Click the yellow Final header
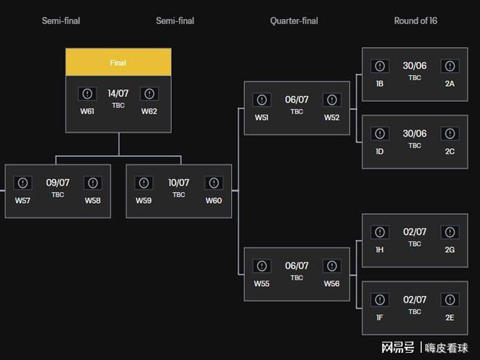119,62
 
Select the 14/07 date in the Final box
118,93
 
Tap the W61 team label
87,111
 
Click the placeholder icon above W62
149,94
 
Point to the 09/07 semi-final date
58,183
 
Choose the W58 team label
93,201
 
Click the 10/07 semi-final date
179,183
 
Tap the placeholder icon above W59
144,183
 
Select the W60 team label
214,201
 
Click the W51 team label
262,118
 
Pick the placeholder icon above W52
332,100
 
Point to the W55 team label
262,284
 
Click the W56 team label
332,284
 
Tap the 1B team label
380,84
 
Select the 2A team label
449,84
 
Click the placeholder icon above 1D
380,134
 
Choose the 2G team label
449,249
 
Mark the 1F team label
380,318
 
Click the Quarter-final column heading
295,21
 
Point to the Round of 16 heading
416,21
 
